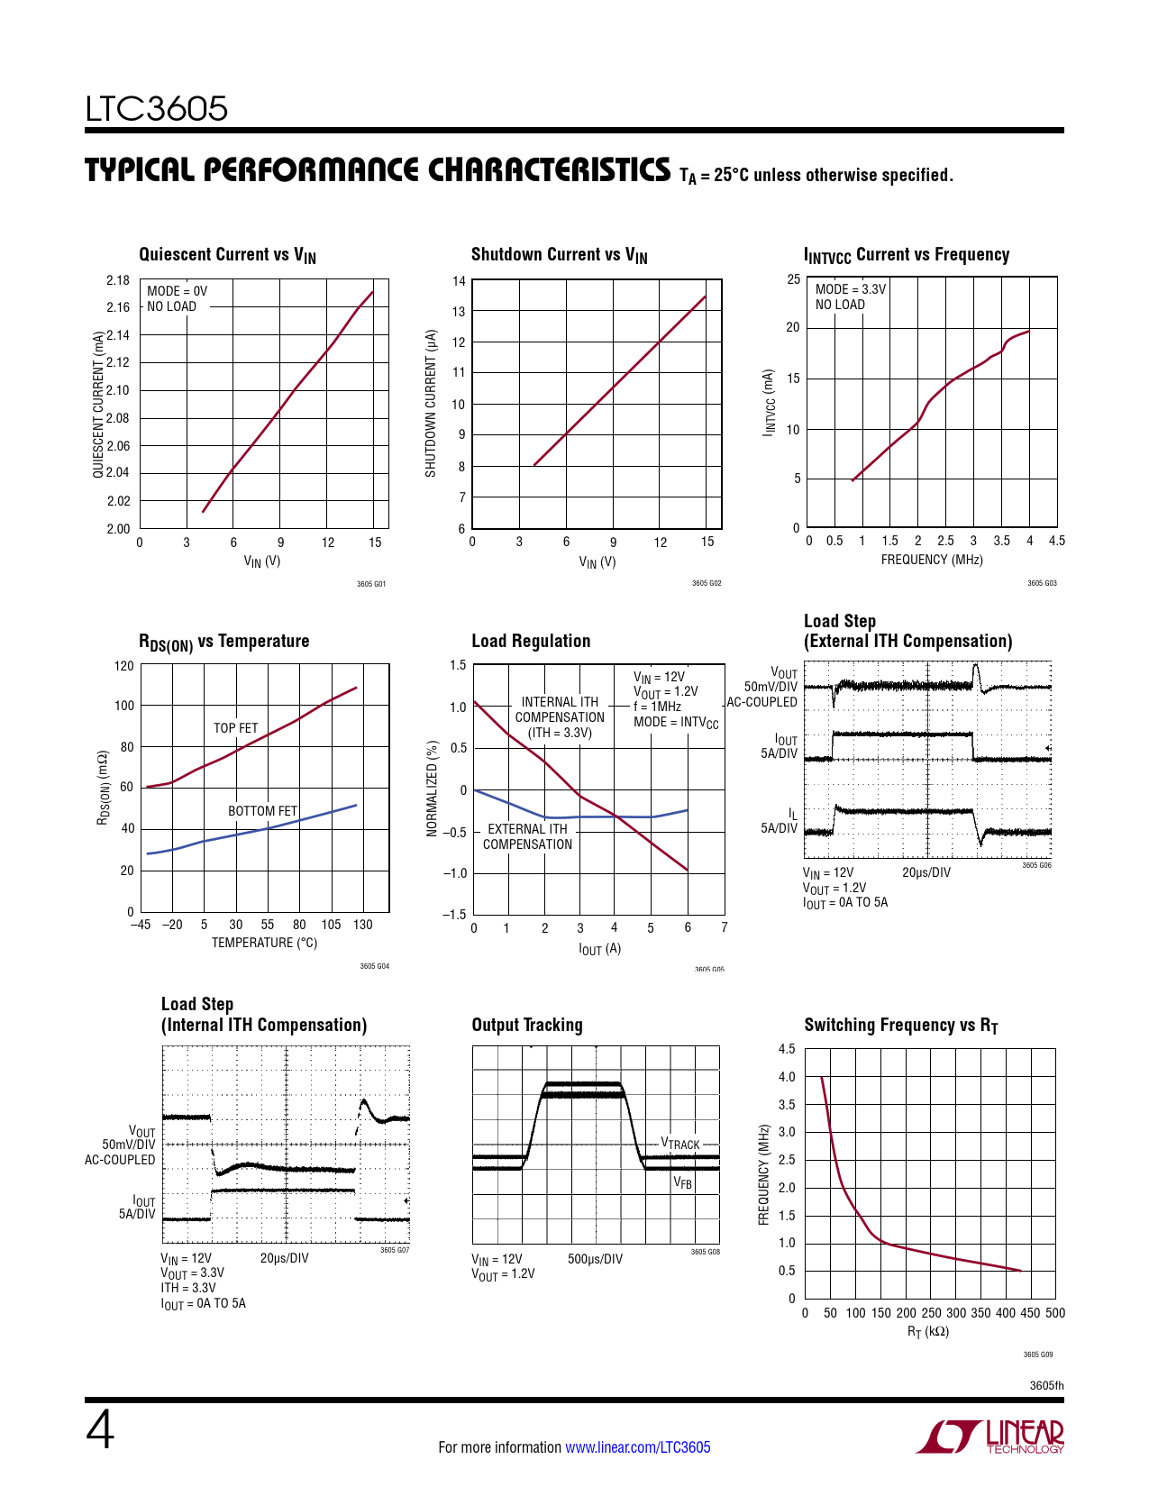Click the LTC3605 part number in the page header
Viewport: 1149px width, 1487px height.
point(157,109)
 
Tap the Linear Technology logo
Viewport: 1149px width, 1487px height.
point(990,1437)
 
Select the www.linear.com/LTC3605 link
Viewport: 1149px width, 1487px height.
point(637,1447)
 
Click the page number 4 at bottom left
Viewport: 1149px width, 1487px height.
point(100,1430)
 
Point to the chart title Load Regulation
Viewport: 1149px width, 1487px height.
point(531,641)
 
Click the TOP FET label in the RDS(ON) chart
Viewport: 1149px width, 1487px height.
point(235,728)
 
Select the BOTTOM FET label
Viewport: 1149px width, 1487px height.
point(262,811)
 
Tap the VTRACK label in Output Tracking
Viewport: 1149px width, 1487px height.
point(680,1144)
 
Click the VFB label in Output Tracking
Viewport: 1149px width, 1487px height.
point(683,1183)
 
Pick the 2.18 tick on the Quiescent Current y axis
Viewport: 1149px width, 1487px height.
point(117,280)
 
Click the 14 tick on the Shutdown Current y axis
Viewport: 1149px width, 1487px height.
point(459,281)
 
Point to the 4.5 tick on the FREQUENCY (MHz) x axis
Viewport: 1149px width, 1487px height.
point(1057,541)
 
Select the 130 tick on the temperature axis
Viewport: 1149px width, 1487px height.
point(362,925)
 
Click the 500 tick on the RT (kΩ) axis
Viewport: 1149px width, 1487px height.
point(1055,1313)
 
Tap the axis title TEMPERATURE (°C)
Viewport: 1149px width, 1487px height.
point(264,943)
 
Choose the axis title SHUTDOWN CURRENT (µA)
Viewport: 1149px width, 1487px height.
point(431,403)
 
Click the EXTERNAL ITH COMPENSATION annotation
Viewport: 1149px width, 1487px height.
point(527,836)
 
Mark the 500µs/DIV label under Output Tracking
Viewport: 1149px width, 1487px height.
point(595,1259)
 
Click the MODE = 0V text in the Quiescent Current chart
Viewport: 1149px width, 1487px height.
point(177,291)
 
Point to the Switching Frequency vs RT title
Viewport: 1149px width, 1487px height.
point(901,1026)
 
